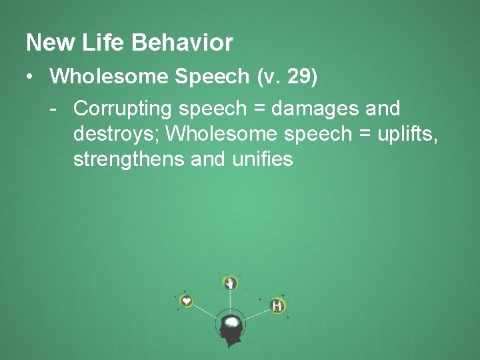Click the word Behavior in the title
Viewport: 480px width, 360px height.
tap(182, 43)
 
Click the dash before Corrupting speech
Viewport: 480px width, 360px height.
tap(53, 107)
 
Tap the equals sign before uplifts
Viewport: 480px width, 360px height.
tap(363, 135)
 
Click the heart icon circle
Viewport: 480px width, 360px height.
tap(187, 301)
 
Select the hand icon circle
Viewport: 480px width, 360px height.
tap(231, 283)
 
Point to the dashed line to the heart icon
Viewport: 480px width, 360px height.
tap(205, 311)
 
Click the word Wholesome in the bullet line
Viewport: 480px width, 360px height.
tap(111, 77)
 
